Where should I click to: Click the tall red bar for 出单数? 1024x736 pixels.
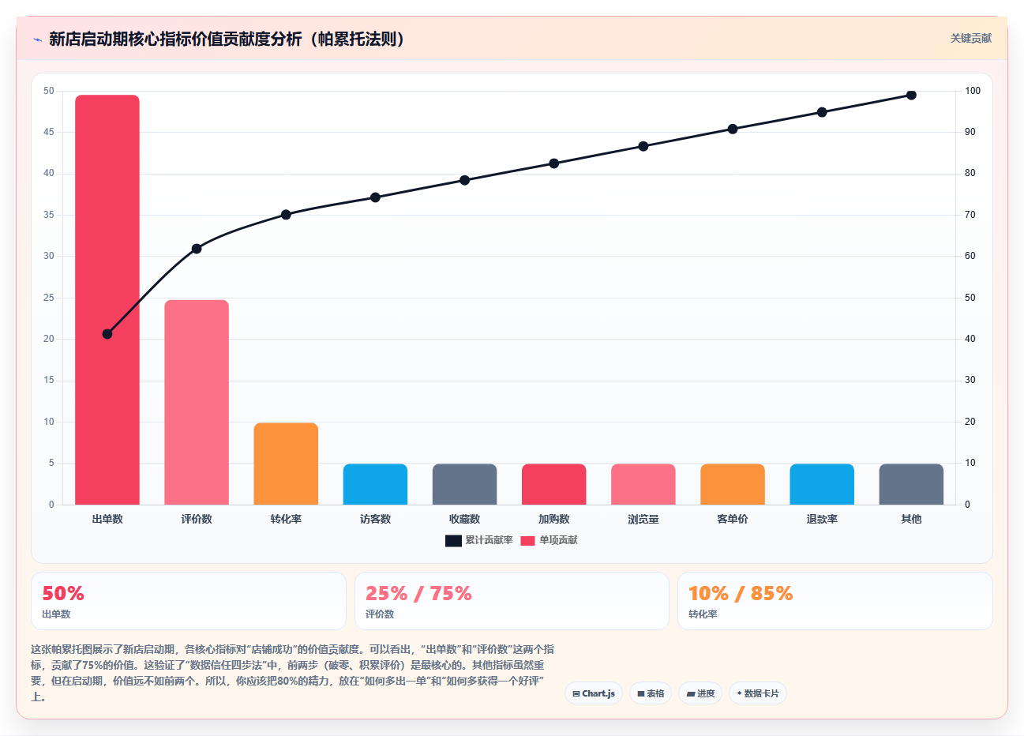tap(107, 299)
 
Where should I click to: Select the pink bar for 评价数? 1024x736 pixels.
tap(197, 402)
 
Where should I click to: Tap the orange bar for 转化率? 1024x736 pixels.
tap(286, 464)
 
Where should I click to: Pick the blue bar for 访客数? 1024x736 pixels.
tap(375, 484)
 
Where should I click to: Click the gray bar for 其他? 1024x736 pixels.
tap(911, 484)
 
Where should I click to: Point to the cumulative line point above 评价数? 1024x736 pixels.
tap(197, 249)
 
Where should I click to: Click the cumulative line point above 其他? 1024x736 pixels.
tap(911, 95)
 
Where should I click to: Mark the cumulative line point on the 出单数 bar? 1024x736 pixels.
tap(107, 334)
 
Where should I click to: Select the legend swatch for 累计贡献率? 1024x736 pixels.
tap(453, 540)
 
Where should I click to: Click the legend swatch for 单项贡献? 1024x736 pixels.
tap(527, 540)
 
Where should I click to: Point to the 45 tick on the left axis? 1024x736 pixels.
tap(48, 132)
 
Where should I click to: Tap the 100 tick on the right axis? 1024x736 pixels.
tap(973, 91)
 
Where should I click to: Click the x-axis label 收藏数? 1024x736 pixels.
tap(464, 519)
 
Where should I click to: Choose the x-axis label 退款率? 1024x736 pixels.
tap(822, 519)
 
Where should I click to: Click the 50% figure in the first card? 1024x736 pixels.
tap(63, 593)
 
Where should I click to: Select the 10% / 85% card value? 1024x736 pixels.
tap(740, 593)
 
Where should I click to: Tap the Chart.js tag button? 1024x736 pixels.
tap(594, 693)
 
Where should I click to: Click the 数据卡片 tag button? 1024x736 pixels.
tap(757, 693)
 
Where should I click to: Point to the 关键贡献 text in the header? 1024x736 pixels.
tap(971, 39)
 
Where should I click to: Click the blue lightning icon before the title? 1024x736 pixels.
tap(37, 40)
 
